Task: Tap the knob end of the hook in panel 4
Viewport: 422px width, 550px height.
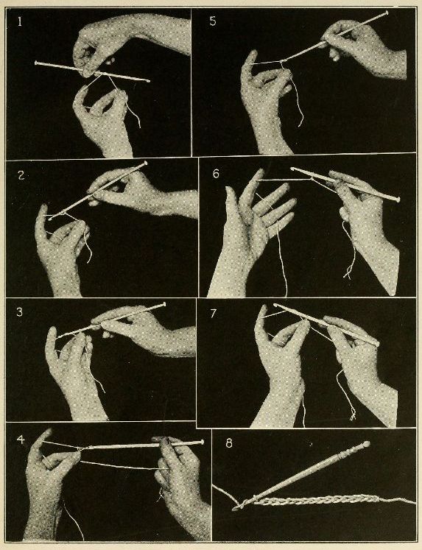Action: coord(201,442)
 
